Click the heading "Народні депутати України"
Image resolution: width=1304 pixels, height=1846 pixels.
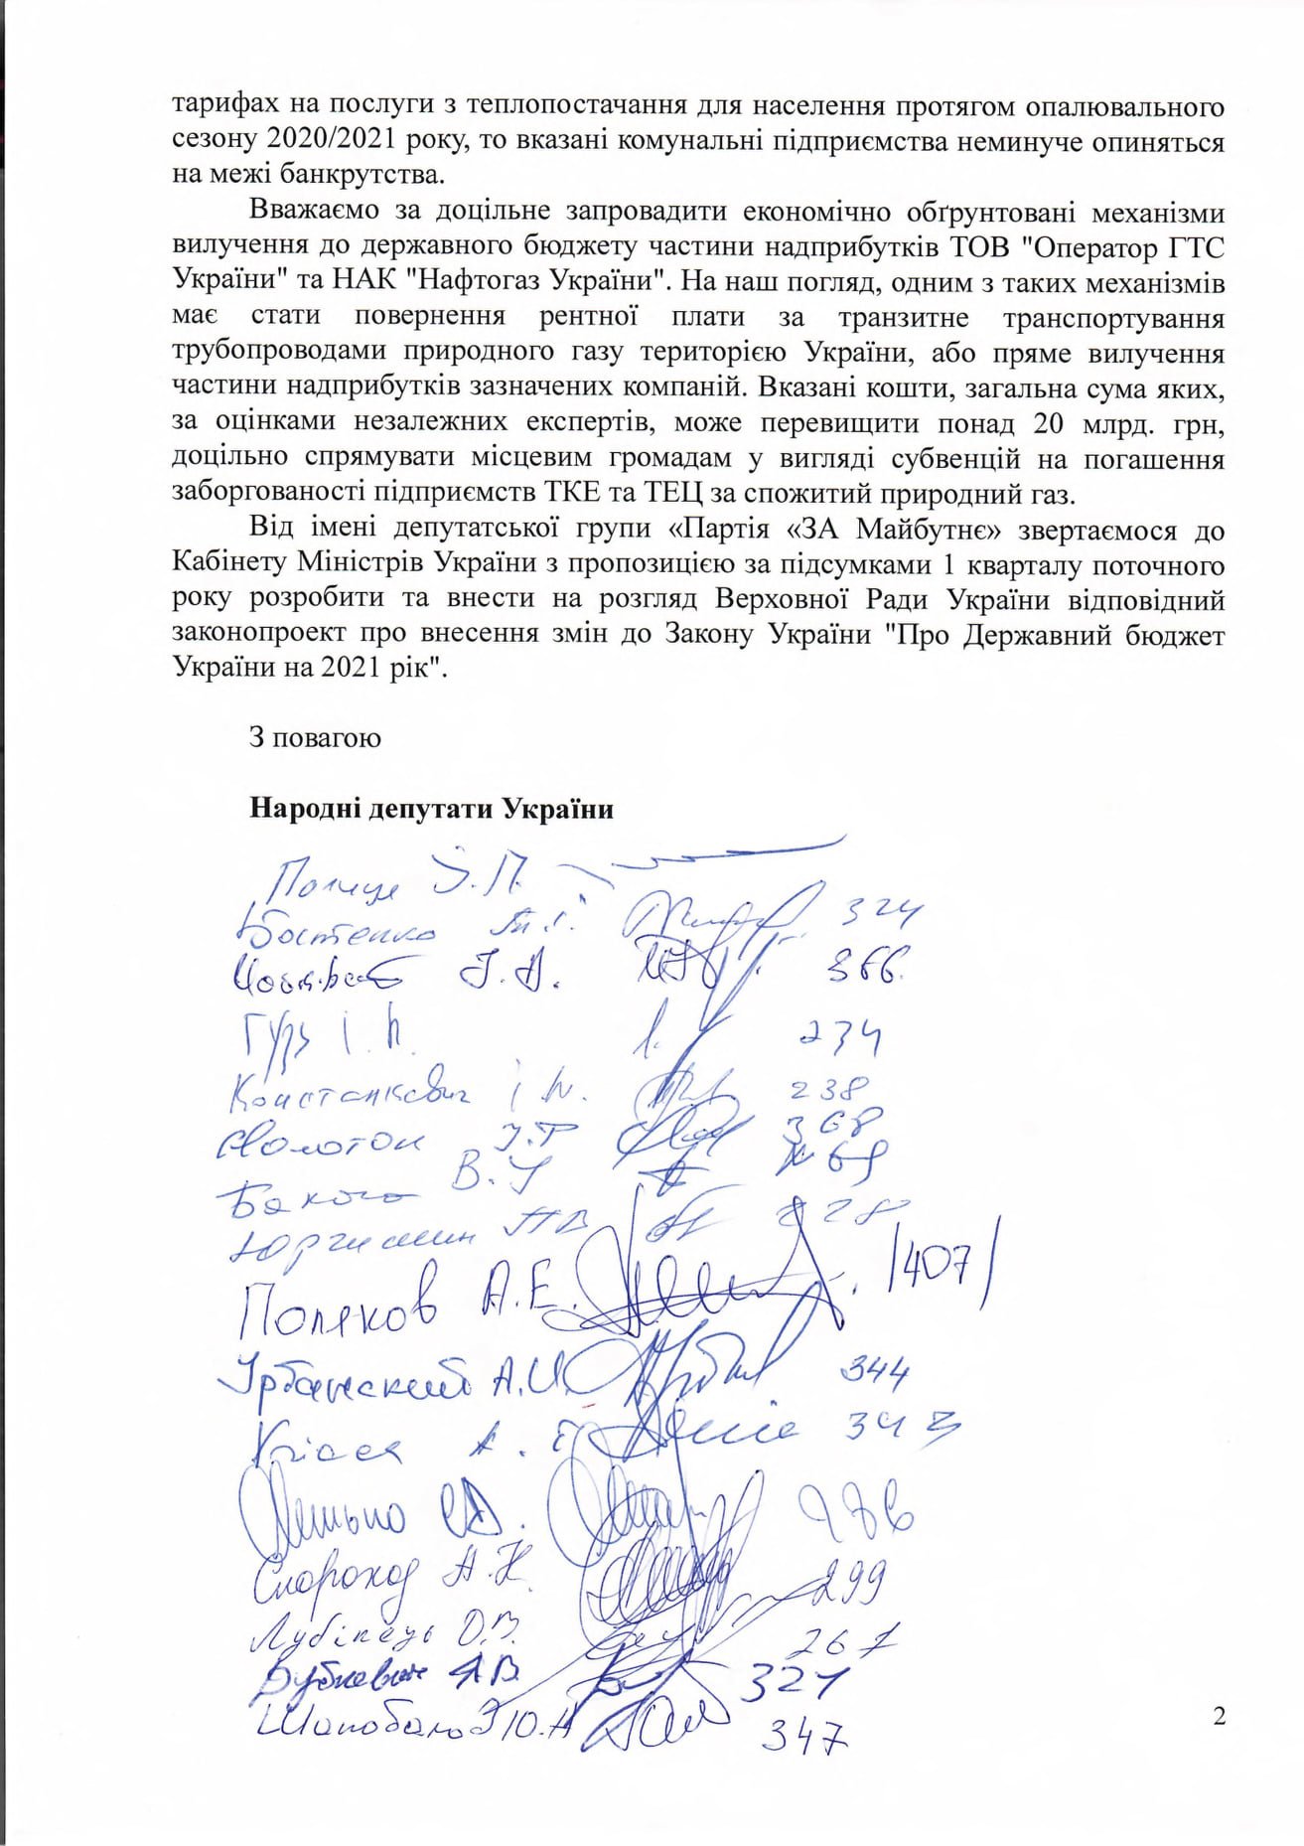431,808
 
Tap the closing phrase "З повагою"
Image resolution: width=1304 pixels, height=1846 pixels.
315,738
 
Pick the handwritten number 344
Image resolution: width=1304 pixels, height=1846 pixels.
875,1376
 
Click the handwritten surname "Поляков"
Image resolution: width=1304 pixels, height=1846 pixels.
339,1305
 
